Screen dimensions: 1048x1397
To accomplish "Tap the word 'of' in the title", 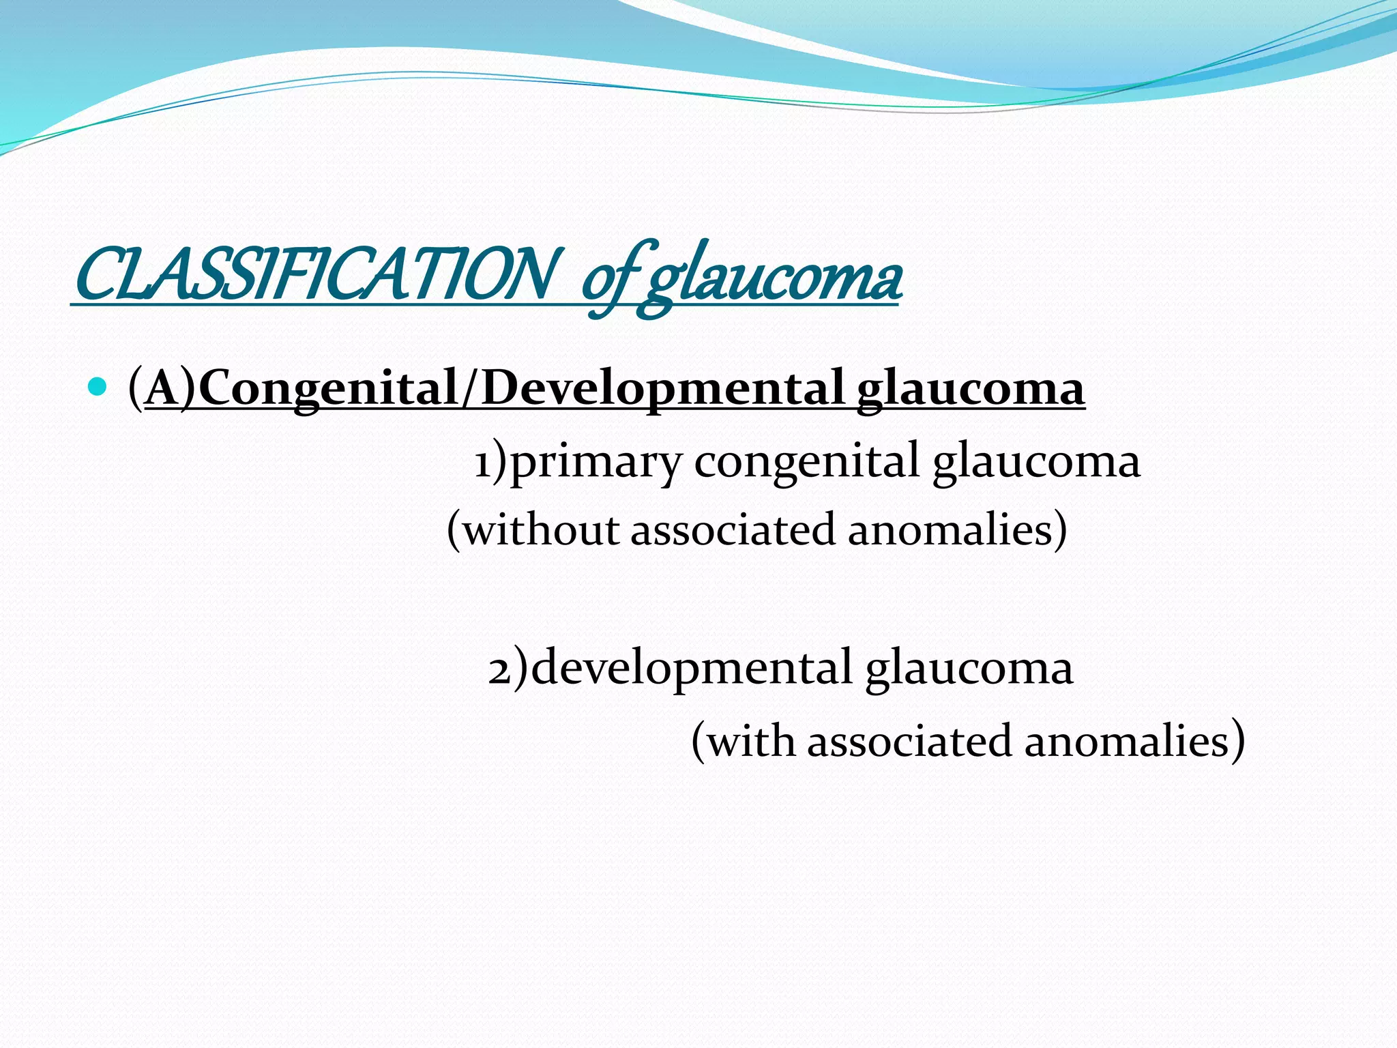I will point(608,280).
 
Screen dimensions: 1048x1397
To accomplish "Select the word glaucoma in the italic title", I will point(771,280).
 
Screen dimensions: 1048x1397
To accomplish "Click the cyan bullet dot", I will point(98,387).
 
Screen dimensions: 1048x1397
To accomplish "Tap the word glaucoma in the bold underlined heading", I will point(970,389).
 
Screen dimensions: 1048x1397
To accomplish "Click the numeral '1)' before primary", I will point(491,461).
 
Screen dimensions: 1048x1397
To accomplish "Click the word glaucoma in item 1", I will point(1035,463).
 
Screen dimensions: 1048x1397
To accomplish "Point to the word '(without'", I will point(532,529).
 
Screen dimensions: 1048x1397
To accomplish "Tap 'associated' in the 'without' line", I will point(733,529).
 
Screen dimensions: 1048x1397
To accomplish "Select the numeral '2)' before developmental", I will point(508,669).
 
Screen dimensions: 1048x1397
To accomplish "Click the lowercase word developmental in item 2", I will point(691,669).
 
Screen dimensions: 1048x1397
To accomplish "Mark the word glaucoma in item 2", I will point(969,669).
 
